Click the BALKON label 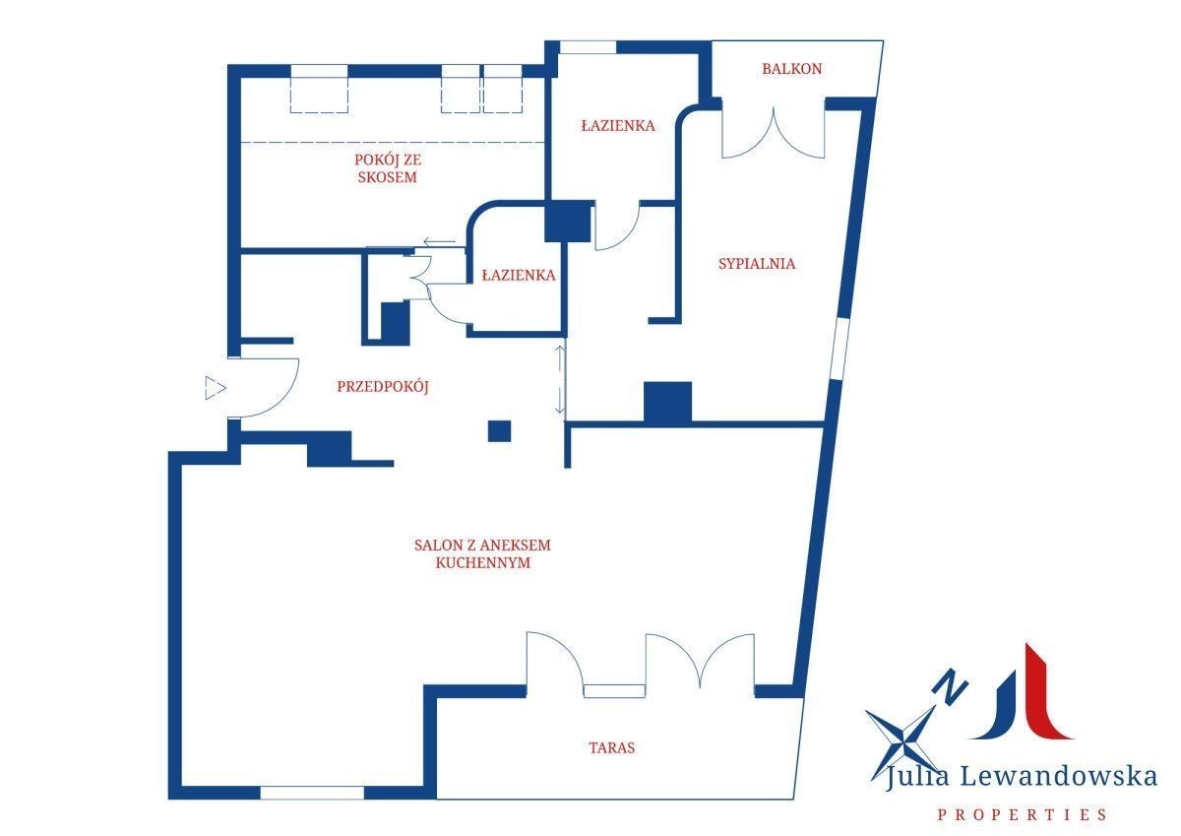tap(791, 69)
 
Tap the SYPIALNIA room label tap(757, 264)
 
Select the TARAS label tap(611, 747)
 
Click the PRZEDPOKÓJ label tap(383, 386)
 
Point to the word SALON tap(439, 545)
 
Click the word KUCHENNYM tap(483, 563)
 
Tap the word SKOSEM tap(388, 177)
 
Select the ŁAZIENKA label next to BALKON tap(618, 125)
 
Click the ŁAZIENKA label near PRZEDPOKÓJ tap(519, 275)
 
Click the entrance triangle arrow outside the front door tap(215, 388)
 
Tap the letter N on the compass tap(950, 686)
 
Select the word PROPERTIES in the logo tap(1022, 815)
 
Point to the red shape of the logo tap(1046, 691)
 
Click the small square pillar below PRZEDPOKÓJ tap(499, 430)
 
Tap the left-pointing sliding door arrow tap(439, 242)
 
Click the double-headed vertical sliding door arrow tap(559, 379)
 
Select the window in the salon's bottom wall tap(312, 793)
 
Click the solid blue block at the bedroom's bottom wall tap(667, 403)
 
